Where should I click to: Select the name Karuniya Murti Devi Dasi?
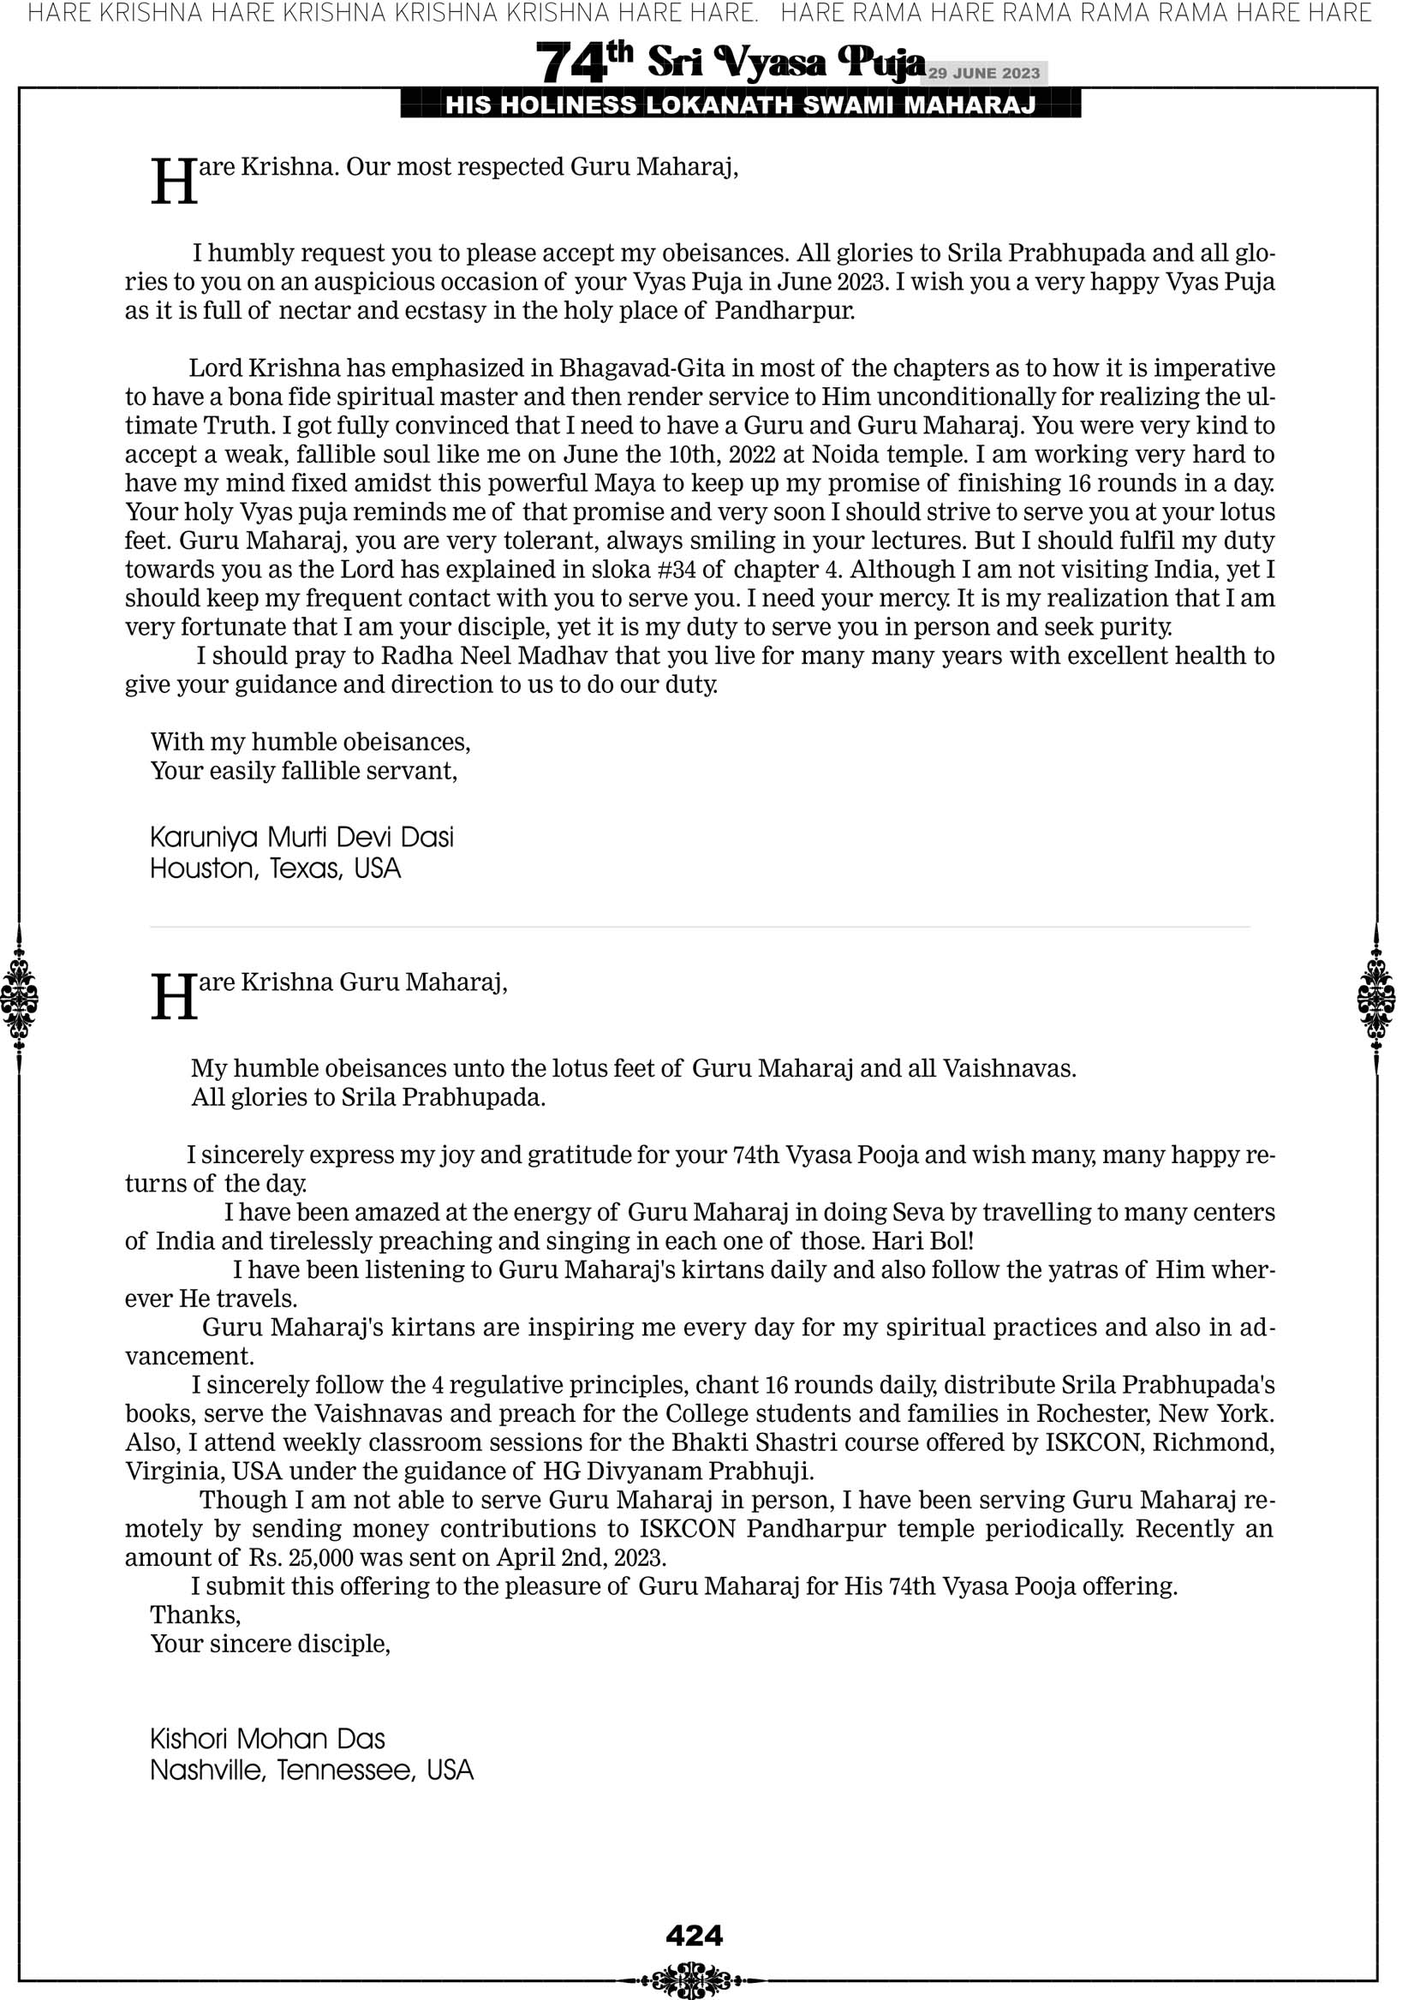(301, 837)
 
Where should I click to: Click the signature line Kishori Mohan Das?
(267, 1739)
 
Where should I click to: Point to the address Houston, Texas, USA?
(275, 869)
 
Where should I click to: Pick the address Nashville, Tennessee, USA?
(311, 1770)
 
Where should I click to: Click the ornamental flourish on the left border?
(19, 998)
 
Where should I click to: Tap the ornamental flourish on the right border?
(1375, 998)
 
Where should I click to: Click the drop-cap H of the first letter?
(174, 182)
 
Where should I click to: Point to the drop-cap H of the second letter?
(174, 996)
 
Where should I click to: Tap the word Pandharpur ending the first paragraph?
(785, 311)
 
